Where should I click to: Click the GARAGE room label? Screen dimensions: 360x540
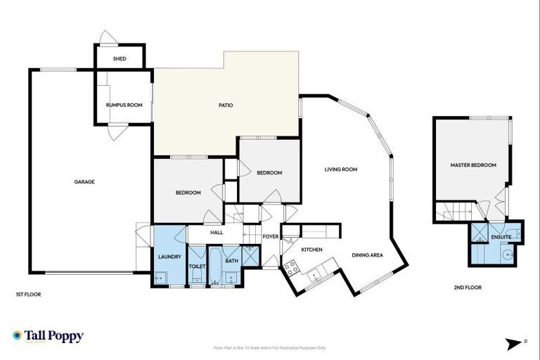click(84, 181)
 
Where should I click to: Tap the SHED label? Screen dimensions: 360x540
click(120, 58)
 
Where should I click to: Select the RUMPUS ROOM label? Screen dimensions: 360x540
click(124, 105)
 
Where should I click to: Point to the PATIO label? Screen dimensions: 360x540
click(225, 105)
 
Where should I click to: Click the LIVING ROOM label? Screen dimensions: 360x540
click(341, 169)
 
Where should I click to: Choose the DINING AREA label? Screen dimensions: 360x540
click(367, 255)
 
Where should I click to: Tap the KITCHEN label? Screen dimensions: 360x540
click(311, 250)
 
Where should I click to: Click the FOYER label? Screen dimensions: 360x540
click(271, 236)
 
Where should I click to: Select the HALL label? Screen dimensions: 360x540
click(216, 232)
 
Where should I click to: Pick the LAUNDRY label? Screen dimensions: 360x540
click(170, 256)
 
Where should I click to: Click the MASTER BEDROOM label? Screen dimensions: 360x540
click(473, 165)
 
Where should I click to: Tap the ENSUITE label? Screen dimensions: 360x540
click(501, 237)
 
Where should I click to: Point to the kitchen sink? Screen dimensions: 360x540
click(314, 275)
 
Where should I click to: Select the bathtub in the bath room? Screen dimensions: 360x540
click(232, 274)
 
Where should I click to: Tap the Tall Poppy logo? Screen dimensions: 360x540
click(48, 336)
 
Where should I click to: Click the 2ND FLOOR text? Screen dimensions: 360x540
click(468, 287)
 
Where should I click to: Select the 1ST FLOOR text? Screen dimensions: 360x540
click(28, 295)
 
